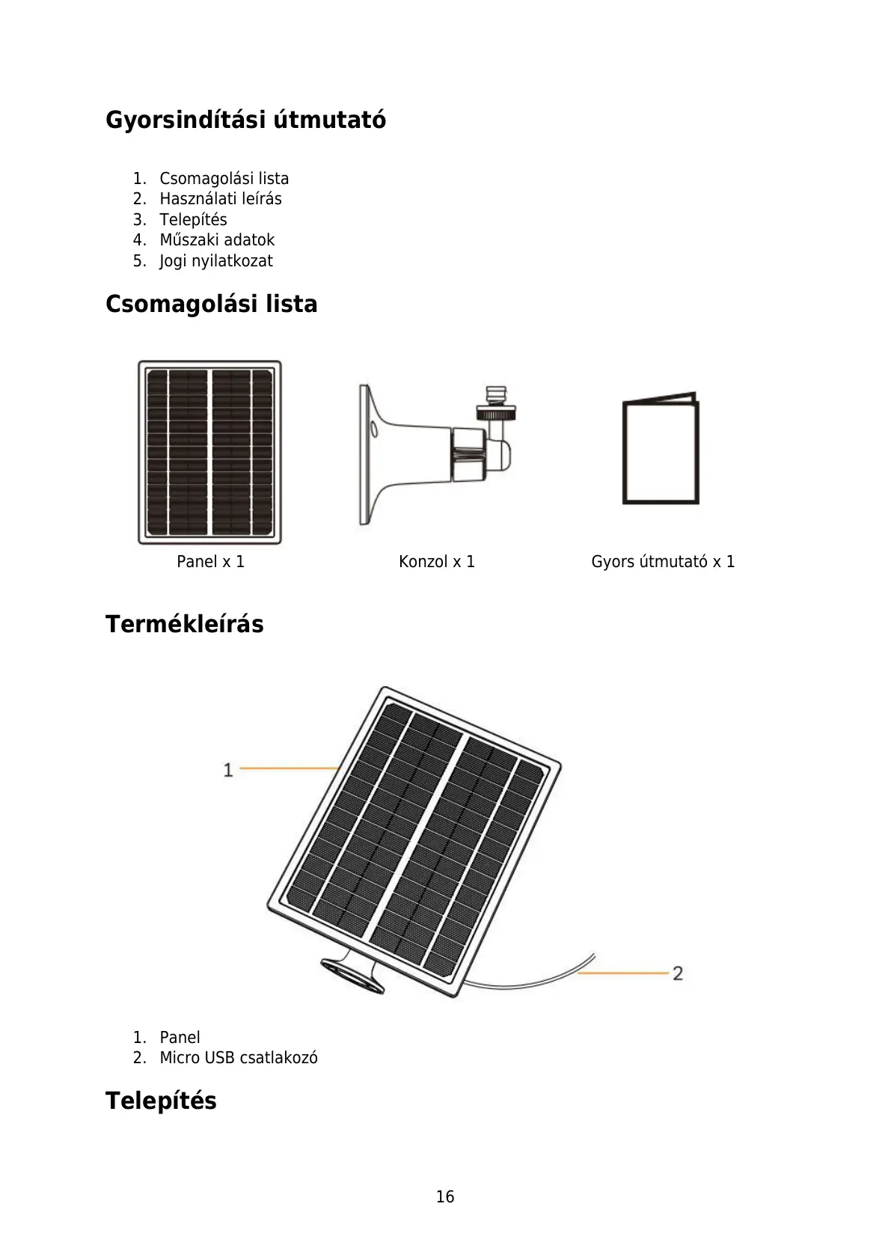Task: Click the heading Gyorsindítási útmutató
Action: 245,120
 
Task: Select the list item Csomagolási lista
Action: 224,179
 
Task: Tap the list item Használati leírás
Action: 221,199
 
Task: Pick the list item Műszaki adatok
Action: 217,240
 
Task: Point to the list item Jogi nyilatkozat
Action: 216,261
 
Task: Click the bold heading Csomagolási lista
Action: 211,304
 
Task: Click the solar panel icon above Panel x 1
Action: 209,452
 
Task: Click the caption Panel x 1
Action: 210,562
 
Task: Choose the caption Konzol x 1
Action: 437,562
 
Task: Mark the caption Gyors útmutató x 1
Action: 663,562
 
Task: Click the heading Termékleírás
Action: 184,624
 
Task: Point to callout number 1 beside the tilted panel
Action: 228,769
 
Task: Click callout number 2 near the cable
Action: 678,973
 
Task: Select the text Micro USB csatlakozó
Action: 239,1058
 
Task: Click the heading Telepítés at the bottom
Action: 161,1101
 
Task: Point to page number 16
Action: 445,1197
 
